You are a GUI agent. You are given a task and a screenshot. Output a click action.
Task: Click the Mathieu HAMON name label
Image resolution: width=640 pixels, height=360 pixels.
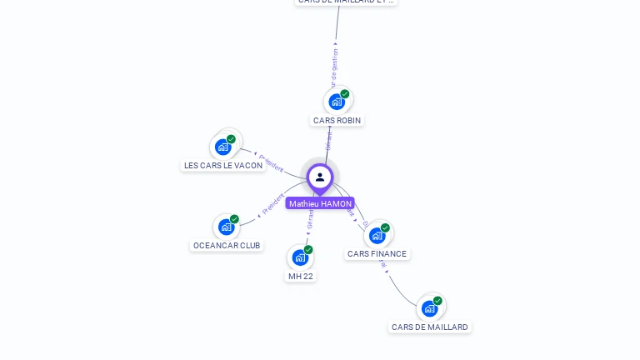pos(320,203)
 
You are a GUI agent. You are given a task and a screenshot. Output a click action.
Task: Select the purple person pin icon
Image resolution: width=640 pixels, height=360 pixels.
pos(320,177)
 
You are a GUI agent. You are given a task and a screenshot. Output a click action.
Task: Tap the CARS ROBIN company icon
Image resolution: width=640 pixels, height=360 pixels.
pos(337,102)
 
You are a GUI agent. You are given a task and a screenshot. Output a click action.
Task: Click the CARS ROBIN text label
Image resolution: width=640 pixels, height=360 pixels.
pos(337,120)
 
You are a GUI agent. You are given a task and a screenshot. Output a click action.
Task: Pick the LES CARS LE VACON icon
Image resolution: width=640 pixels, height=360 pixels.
pos(223,147)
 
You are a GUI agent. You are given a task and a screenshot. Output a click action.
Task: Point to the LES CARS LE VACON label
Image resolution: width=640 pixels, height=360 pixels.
pos(223,165)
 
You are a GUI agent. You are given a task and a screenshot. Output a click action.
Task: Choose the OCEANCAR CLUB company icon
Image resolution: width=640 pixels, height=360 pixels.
pos(226,227)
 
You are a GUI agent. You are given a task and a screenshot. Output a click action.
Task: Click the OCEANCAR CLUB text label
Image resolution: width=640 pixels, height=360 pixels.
pos(227,245)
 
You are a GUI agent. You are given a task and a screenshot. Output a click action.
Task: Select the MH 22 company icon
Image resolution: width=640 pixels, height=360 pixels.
pos(300,257)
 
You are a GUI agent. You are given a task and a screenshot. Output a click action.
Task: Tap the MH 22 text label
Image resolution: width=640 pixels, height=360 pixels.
pos(301,276)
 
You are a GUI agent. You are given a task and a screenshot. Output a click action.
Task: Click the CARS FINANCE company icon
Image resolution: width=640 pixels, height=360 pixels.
pos(377,235)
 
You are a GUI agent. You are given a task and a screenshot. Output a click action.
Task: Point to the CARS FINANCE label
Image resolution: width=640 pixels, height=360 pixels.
pos(377,253)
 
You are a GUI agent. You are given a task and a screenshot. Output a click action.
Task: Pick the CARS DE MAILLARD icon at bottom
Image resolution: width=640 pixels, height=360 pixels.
pos(430,308)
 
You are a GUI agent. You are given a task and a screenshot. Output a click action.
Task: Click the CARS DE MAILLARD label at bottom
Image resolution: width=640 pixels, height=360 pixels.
pos(430,327)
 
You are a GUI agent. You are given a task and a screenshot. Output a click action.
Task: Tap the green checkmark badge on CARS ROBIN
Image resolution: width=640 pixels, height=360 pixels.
pos(345,94)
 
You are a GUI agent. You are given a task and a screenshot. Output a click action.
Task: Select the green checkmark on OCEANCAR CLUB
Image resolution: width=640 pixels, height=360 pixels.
pos(234,219)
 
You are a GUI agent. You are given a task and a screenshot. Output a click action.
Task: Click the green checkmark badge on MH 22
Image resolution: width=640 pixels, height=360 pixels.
pos(308,250)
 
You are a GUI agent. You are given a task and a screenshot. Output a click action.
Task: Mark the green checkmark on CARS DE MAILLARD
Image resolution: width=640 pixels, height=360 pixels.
pos(437,301)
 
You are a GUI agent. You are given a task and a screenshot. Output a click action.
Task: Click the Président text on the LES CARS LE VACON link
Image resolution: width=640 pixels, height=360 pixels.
pos(272,162)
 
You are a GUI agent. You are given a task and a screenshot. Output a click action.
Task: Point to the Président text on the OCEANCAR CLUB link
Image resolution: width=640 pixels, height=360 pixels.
pos(273,203)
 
